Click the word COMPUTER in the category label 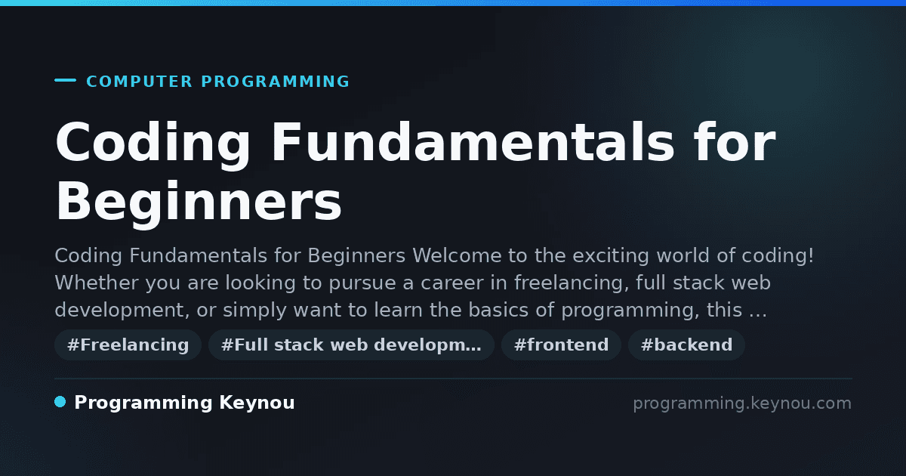pos(139,82)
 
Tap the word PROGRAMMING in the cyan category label pos(275,82)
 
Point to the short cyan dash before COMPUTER pos(65,80)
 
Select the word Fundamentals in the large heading pos(473,142)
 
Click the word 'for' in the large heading pos(735,142)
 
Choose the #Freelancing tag pos(128,345)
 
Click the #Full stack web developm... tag pos(351,345)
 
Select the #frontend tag pos(561,345)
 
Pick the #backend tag pos(686,345)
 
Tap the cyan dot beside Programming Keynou pos(60,402)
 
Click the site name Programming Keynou pos(184,403)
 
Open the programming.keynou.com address pos(742,403)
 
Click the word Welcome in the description pos(457,256)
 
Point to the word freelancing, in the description pos(572,283)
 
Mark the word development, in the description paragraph pos(122,311)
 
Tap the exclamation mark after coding pos(810,256)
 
